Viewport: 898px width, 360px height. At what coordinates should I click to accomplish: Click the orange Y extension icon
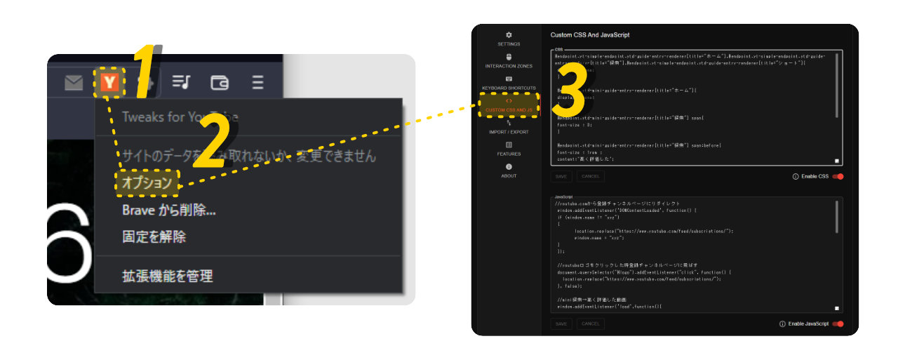[x=109, y=83]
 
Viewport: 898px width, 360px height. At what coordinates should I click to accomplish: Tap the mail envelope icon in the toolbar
[x=74, y=84]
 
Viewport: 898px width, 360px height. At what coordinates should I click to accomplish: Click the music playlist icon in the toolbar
[x=182, y=83]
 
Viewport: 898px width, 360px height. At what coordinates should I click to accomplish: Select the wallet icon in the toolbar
[x=220, y=83]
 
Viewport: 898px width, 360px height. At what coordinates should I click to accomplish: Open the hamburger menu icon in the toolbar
[x=257, y=83]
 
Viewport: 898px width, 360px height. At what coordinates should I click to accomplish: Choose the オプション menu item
[x=147, y=182]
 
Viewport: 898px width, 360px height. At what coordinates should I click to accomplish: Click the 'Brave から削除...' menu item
[x=168, y=210]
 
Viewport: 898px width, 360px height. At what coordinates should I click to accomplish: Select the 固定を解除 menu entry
[x=154, y=236]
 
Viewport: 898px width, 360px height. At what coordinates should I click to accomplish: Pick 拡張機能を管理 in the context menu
[x=168, y=276]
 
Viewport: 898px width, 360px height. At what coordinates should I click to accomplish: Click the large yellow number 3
[x=570, y=94]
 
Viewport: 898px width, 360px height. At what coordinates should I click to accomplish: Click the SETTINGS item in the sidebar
[x=509, y=39]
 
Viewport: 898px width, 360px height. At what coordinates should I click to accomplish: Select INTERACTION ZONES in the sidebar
[x=509, y=61]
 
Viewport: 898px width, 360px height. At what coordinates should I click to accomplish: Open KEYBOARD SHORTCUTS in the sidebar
[x=509, y=83]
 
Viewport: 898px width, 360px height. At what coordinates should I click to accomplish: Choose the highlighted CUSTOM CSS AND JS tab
[x=509, y=105]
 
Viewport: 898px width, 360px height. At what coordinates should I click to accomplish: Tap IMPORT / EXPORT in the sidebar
[x=509, y=127]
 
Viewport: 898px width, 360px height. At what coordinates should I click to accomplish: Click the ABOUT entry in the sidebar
[x=509, y=171]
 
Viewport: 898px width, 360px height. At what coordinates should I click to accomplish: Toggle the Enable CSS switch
[x=838, y=176]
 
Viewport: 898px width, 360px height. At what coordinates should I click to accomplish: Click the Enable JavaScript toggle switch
[x=838, y=324]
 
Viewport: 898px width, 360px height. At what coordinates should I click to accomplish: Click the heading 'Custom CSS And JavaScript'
[x=589, y=34]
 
